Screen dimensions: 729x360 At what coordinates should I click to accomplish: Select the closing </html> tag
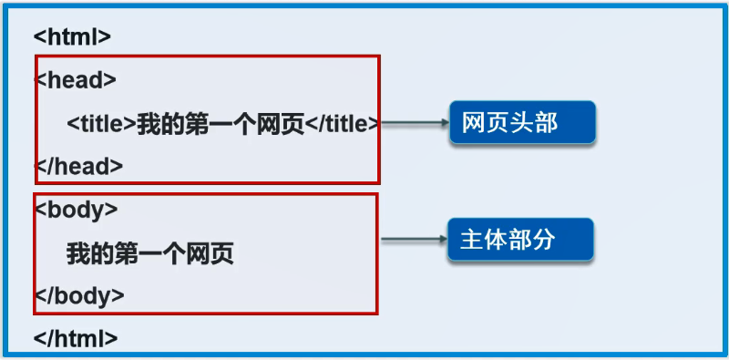76,339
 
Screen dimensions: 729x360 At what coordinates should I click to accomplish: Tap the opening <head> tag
76,80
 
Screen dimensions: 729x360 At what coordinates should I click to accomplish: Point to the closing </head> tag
78,166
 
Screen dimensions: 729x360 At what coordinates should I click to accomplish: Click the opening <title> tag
101,124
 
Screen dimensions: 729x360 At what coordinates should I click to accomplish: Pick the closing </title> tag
342,124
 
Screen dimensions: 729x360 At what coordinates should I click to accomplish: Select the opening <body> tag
77,211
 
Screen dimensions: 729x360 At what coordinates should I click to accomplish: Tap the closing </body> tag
79,296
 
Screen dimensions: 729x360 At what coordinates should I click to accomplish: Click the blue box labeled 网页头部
522,122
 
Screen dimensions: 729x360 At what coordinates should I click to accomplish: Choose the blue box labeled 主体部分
520,239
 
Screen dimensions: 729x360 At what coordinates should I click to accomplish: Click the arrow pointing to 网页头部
415,123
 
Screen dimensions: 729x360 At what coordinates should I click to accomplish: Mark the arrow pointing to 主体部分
414,239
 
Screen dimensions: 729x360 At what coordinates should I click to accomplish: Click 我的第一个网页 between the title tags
221,124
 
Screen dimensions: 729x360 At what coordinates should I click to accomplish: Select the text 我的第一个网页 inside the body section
149,254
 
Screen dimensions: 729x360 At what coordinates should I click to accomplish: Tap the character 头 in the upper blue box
521,123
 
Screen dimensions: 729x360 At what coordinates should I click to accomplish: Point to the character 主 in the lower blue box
471,240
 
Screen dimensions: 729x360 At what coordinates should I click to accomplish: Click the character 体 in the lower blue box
496,240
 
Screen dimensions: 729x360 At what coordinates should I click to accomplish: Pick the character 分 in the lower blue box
544,240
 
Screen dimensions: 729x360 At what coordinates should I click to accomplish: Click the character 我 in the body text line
78,254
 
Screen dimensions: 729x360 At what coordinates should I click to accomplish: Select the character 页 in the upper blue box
498,123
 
